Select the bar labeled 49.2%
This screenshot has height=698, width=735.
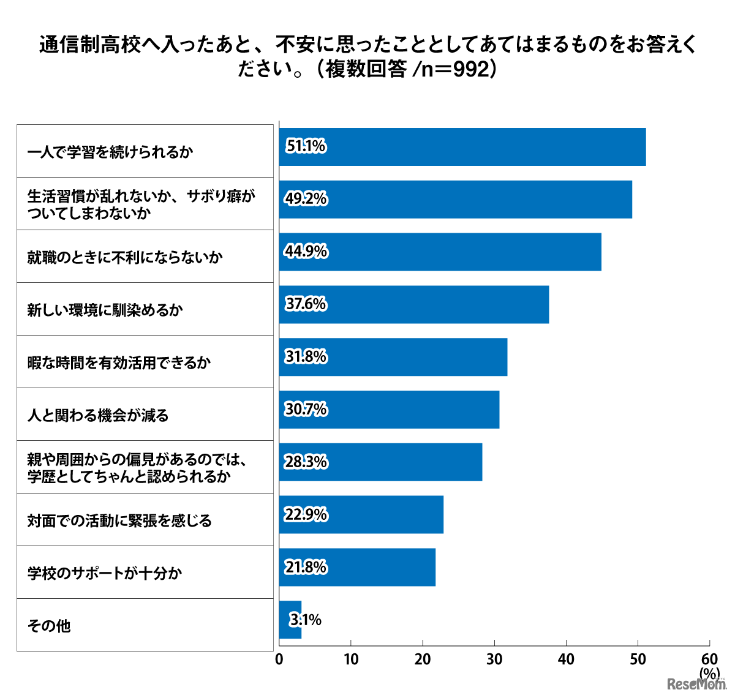click(455, 199)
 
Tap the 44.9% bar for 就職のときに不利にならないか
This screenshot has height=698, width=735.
click(440, 252)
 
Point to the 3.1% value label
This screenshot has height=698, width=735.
click(306, 620)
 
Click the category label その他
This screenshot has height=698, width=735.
click(49, 626)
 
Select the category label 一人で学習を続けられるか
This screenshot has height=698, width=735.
click(110, 152)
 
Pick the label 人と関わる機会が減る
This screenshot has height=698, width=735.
click(98, 415)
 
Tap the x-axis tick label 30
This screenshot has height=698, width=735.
click(494, 659)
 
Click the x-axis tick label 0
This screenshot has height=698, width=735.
click(279, 659)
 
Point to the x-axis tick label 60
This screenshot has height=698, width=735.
click(709, 659)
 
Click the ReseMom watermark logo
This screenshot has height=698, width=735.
click(696, 684)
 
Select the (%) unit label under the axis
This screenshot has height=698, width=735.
click(709, 673)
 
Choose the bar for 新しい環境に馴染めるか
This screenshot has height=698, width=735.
click(414, 304)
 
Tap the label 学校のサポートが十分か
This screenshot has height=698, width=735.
click(105, 573)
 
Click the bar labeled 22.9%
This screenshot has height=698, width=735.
click(361, 515)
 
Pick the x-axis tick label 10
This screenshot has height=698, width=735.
click(351, 659)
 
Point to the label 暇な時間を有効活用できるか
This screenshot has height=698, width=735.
click(119, 362)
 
